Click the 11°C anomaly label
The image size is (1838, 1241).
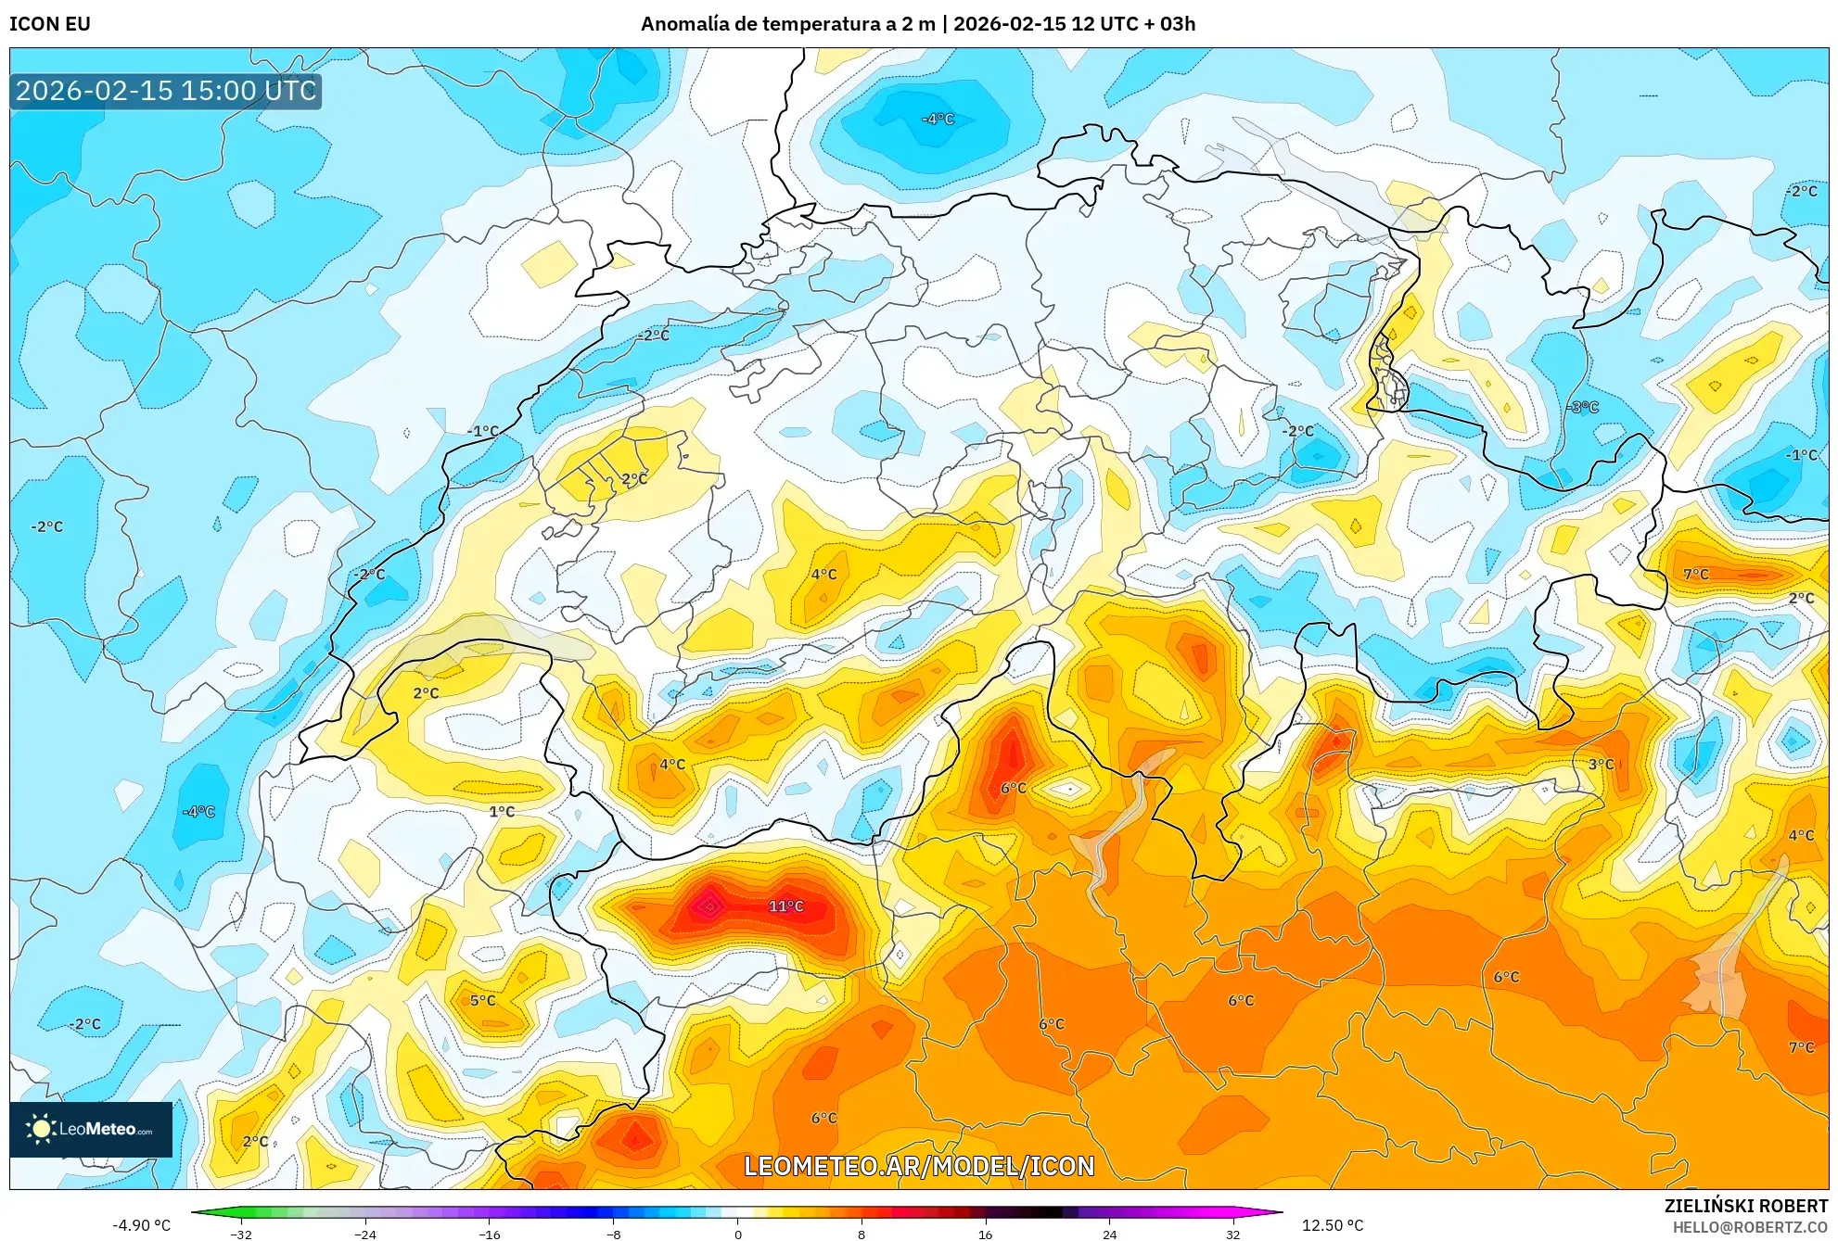[785, 905]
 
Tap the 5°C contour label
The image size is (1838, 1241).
[482, 1000]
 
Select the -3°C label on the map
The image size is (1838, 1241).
[1583, 407]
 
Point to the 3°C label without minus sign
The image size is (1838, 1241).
[1601, 764]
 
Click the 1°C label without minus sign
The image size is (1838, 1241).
[502, 811]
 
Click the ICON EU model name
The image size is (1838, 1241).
[50, 24]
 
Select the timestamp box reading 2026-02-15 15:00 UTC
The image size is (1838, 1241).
[166, 91]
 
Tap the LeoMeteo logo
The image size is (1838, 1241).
[91, 1129]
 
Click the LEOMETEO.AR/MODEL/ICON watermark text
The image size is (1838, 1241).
[919, 1166]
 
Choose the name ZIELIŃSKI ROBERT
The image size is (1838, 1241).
[1745, 1206]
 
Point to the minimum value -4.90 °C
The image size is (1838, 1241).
[142, 1225]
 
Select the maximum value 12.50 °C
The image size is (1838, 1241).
[1333, 1225]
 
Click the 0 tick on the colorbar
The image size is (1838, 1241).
[737, 1234]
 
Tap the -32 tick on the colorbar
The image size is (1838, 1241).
[241, 1234]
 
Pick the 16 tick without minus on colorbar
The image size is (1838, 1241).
[985, 1234]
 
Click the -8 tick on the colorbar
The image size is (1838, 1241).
[613, 1234]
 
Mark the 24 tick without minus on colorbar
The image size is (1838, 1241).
[1109, 1234]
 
